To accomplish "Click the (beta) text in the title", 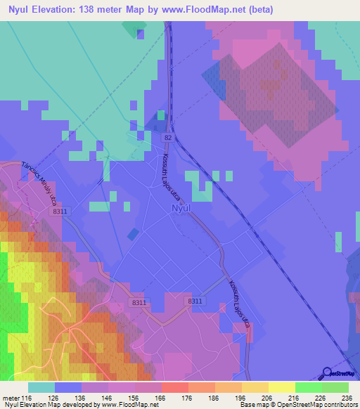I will pos(258,9).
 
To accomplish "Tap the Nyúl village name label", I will pos(181,209).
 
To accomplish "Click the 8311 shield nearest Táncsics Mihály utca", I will pos(60,211).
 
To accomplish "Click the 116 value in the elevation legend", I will pos(27,398).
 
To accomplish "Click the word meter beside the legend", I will pos(10,398).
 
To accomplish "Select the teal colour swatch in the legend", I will pos(41,387).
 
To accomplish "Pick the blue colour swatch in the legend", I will pos(68,387).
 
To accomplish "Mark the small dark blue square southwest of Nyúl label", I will pos(133,234).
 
